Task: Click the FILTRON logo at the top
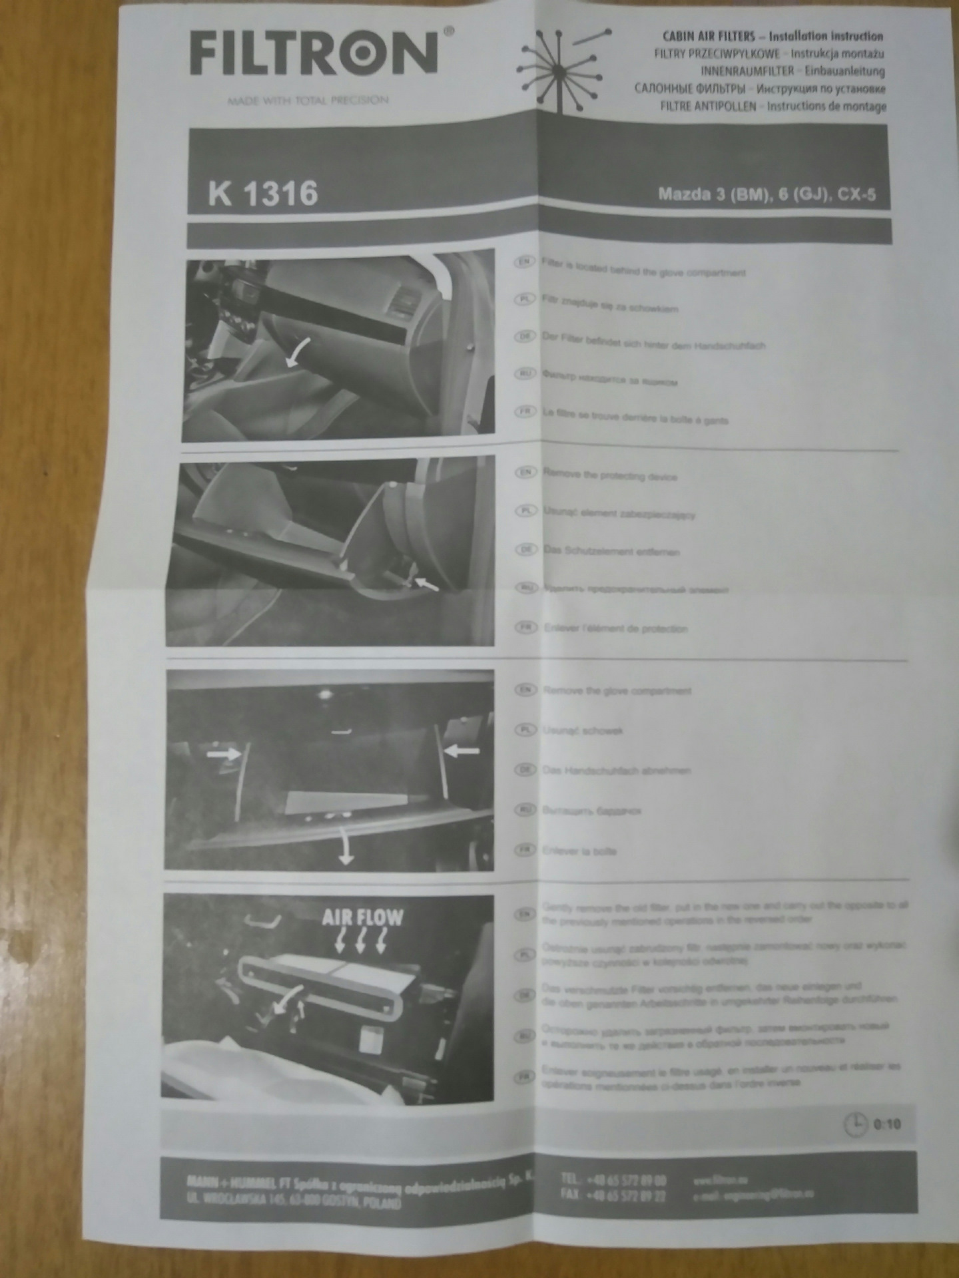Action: [313, 53]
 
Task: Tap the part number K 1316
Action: [262, 194]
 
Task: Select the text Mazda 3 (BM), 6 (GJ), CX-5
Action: [767, 195]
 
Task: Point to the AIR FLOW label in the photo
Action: [363, 918]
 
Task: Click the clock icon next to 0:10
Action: [855, 1124]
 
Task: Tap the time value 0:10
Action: [887, 1124]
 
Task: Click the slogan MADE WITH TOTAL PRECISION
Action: [308, 101]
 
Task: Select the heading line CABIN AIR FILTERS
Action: [773, 37]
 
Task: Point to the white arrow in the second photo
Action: [426, 584]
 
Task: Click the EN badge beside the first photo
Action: [525, 262]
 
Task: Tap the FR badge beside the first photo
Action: [525, 412]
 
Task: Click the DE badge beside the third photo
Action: [525, 769]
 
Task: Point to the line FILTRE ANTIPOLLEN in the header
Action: [773, 106]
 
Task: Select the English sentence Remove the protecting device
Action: [610, 476]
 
